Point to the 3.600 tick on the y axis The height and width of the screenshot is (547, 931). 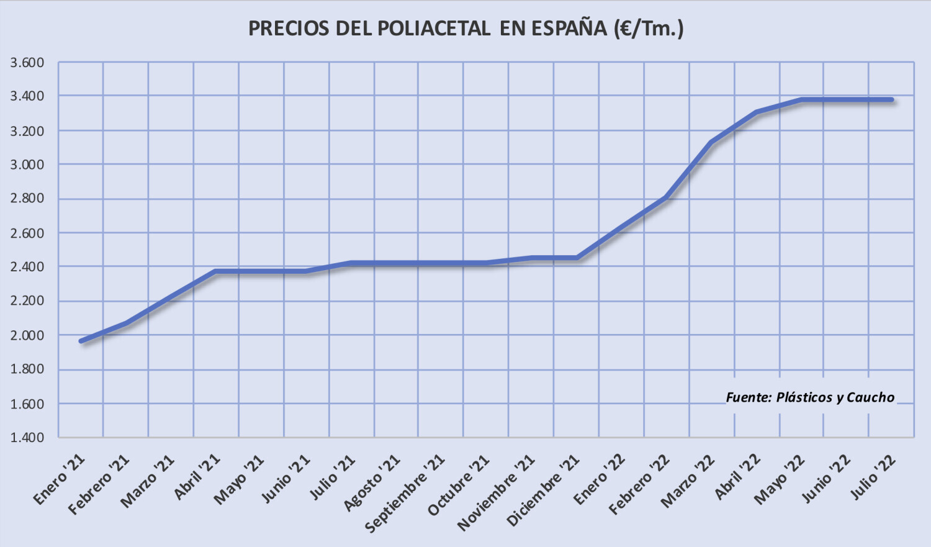click(x=27, y=63)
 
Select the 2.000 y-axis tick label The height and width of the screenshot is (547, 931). click(x=27, y=335)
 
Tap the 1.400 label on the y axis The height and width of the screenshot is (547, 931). click(x=27, y=437)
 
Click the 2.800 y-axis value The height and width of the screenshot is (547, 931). click(x=27, y=199)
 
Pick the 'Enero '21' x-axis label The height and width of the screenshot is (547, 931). click(x=60, y=479)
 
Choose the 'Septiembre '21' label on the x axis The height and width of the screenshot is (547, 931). click(x=405, y=493)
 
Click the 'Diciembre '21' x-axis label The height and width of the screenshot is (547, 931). click(x=543, y=490)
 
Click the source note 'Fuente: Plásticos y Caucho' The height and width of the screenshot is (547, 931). click(x=810, y=397)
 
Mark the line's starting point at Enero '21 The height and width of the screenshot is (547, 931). click(x=81, y=341)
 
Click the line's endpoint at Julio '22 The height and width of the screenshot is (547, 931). click(x=891, y=99)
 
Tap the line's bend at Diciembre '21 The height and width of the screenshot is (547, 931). click(x=577, y=258)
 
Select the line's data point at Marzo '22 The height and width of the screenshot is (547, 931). click(x=711, y=142)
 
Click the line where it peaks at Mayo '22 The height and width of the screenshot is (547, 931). click(x=802, y=99)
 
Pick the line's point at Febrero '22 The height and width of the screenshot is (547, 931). click(x=666, y=197)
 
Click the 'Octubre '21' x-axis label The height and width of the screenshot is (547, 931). click(x=459, y=486)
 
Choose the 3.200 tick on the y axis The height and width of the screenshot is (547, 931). click(x=27, y=131)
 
